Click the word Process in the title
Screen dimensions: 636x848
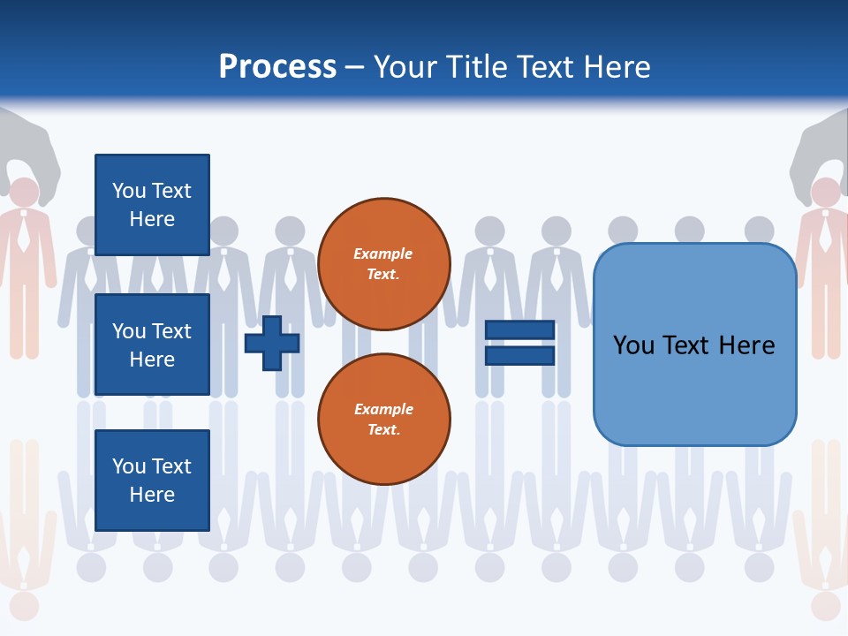[x=277, y=67]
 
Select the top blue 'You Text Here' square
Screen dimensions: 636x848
[x=152, y=205]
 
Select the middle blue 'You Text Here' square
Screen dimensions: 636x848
[x=152, y=344]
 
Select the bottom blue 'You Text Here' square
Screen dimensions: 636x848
[x=152, y=481]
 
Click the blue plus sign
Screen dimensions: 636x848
[x=271, y=344]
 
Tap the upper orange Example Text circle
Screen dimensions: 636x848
[x=383, y=263]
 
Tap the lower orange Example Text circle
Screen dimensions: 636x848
[x=383, y=419]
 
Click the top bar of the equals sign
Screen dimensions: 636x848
[x=519, y=330]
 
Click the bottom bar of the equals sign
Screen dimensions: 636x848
[x=519, y=356]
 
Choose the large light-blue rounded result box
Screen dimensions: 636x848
[x=694, y=344]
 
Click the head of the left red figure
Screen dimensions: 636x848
[x=24, y=192]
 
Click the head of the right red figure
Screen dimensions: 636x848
[x=826, y=192]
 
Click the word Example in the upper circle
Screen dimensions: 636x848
[x=383, y=254]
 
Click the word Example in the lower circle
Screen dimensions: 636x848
[x=383, y=410]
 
